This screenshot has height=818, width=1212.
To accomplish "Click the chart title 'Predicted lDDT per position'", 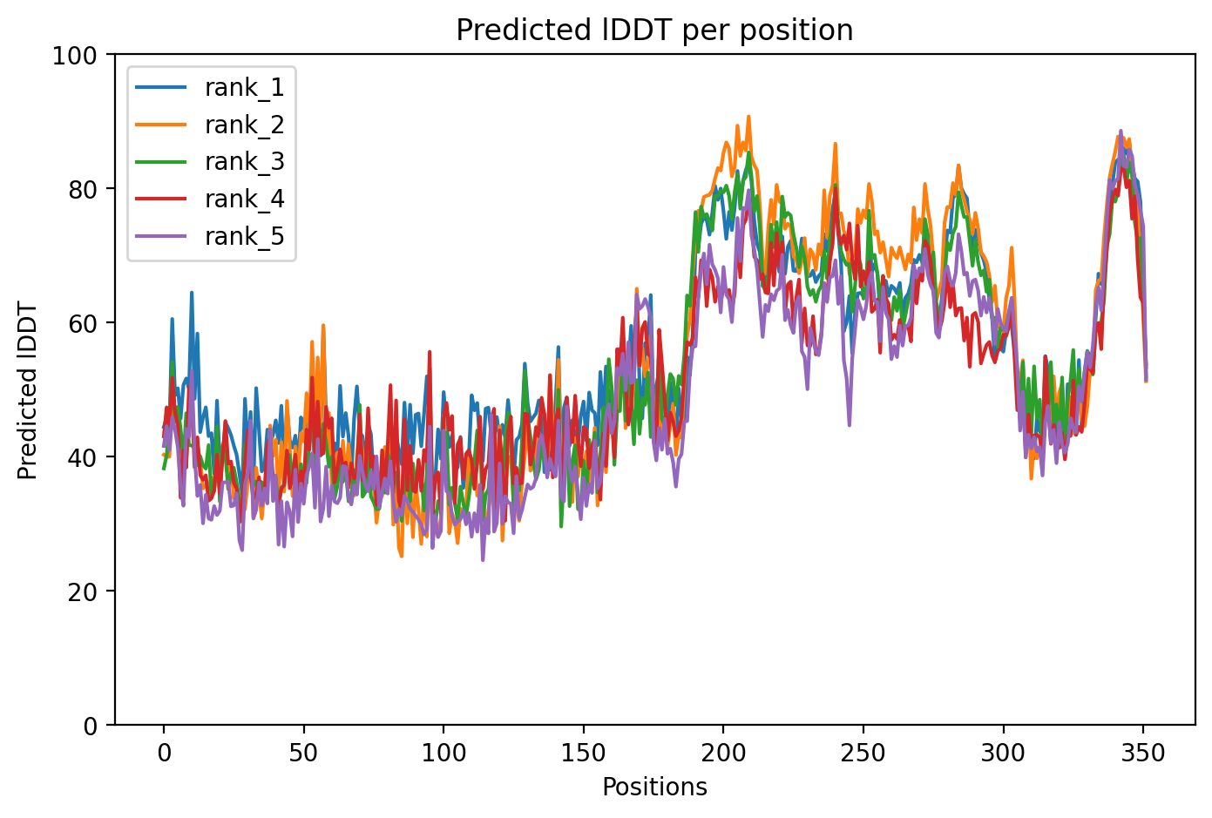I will (654, 30).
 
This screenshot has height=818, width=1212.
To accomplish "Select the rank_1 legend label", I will (245, 87).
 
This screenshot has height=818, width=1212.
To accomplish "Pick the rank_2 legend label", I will (245, 125).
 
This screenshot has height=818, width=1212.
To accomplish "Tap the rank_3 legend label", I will (245, 162).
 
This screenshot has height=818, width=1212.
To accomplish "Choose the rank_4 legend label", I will (245, 199).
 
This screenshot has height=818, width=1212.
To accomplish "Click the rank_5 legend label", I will (245, 237).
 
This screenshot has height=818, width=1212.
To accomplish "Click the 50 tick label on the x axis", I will (303, 754).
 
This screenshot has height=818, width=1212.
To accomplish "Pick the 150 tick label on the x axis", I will (583, 754).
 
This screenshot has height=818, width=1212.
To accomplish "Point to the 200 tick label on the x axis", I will (723, 754).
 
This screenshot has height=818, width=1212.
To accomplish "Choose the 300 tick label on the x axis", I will (1003, 754).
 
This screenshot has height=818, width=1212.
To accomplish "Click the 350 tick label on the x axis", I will (1143, 754).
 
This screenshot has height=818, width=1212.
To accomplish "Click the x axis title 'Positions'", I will (654, 788).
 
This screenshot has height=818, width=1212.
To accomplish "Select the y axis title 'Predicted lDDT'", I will (28, 390).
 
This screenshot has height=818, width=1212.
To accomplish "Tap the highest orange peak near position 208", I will (748, 117).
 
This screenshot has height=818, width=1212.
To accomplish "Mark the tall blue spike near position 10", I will (192, 294).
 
